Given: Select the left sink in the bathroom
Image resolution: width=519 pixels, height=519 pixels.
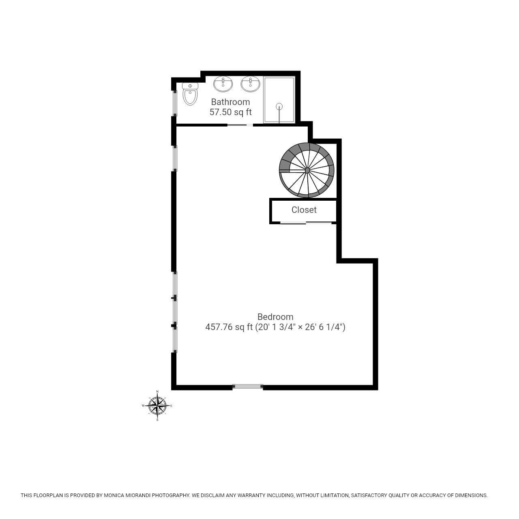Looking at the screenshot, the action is pyautogui.click(x=223, y=84).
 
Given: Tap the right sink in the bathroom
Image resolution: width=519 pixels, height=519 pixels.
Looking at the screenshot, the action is pyautogui.click(x=251, y=84).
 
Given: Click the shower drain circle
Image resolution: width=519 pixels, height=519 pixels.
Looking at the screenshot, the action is pyautogui.click(x=279, y=106).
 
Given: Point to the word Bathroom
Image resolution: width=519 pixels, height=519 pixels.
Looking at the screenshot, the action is pyautogui.click(x=231, y=102).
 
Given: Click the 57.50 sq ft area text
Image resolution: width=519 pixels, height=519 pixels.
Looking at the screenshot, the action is pyautogui.click(x=231, y=112).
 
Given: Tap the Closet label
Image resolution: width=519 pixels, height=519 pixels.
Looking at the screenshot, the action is pyautogui.click(x=304, y=210).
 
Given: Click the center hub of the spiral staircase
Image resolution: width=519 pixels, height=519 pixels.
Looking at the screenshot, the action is pyautogui.click(x=307, y=170).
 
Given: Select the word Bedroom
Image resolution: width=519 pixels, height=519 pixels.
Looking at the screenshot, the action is pyautogui.click(x=275, y=316).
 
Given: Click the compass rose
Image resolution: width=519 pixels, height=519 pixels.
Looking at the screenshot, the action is pyautogui.click(x=157, y=405).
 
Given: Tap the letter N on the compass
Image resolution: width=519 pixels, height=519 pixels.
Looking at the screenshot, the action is pyautogui.click(x=157, y=392).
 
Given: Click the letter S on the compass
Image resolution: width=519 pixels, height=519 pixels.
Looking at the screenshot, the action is pyautogui.click(x=157, y=420).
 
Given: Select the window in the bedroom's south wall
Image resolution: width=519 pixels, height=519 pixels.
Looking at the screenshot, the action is pyautogui.click(x=247, y=386).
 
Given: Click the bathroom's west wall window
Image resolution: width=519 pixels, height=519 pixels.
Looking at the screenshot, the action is pyautogui.click(x=174, y=103).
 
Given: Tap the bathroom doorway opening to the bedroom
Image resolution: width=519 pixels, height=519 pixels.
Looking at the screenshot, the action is pyautogui.click(x=240, y=125).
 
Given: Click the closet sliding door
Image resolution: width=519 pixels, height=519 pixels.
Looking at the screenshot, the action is pyautogui.click(x=306, y=223).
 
